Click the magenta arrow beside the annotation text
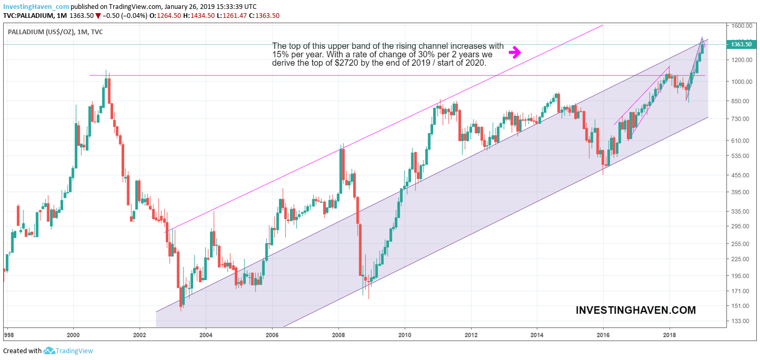click(x=515, y=52)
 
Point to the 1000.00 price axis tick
click(x=741, y=82)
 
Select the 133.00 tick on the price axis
click(x=739, y=321)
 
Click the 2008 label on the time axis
click(x=338, y=334)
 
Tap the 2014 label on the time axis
click(x=537, y=334)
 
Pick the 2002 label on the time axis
click(x=139, y=334)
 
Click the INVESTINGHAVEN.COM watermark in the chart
click(x=636, y=311)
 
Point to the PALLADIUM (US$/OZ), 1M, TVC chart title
click(x=55, y=32)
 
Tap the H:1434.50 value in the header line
click(x=199, y=16)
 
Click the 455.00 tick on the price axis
click(x=739, y=175)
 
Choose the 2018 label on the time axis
click(x=669, y=334)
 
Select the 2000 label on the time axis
click(x=73, y=334)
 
